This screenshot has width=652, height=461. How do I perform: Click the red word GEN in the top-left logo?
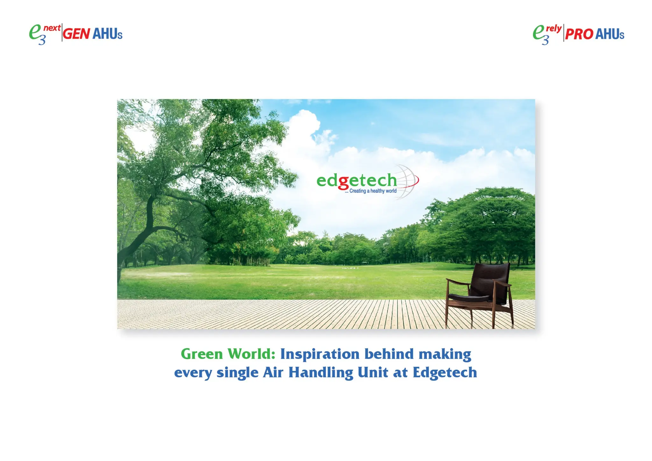[x=76, y=34]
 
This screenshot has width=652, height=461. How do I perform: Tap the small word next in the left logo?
[x=52, y=28]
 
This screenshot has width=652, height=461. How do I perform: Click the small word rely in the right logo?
[x=554, y=29]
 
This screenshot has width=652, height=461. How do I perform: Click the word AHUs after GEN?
[x=107, y=34]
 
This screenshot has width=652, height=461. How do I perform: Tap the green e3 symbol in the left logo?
[x=36, y=34]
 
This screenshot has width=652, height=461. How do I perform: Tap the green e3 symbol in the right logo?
[x=539, y=34]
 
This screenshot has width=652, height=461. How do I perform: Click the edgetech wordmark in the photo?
[x=357, y=181]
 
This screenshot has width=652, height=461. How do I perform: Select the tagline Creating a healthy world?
[x=371, y=191]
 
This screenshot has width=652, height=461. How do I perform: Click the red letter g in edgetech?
[x=344, y=182]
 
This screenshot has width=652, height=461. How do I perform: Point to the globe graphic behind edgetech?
[x=406, y=181]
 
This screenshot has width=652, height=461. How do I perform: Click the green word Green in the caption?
[x=202, y=354]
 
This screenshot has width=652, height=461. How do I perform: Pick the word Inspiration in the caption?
[x=319, y=354]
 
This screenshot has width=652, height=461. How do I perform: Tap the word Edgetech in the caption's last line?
[x=445, y=372]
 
